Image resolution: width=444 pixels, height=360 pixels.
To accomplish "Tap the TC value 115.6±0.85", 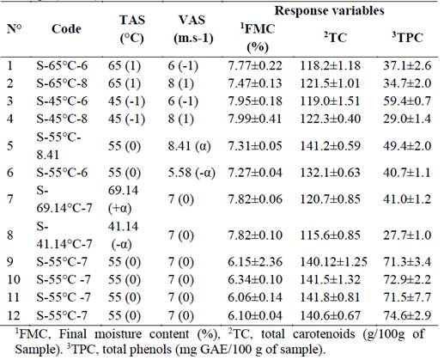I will click(x=337, y=234).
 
